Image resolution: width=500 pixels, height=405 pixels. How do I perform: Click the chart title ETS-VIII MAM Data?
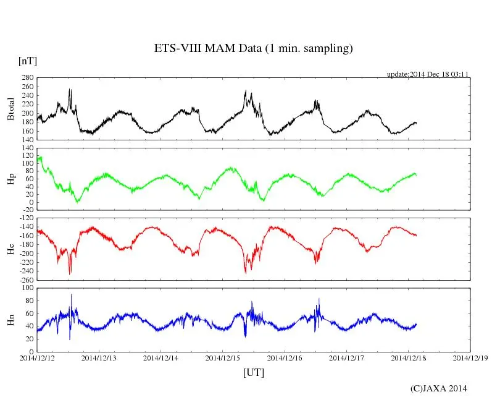[253, 49]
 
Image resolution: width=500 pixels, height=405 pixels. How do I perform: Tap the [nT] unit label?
[27, 61]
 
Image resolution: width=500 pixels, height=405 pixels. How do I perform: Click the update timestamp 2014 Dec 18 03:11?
[428, 74]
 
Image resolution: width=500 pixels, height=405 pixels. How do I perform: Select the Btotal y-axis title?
[10, 109]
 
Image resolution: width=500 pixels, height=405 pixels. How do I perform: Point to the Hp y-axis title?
[10, 179]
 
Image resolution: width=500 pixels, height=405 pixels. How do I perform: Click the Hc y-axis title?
[10, 249]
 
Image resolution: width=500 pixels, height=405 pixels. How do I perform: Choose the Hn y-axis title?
[10, 319]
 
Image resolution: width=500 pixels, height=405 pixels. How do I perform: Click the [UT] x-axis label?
[253, 372]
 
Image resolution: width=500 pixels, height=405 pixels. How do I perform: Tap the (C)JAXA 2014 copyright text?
[439, 388]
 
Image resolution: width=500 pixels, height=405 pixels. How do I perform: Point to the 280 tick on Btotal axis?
[27, 78]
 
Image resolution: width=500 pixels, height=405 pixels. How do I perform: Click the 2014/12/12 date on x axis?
[37, 358]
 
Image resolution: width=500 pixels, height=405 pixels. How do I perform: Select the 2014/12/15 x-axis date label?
[222, 358]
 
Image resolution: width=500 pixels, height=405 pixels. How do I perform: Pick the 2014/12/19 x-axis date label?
[469, 358]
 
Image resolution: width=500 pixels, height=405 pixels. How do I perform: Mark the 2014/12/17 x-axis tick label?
[346, 358]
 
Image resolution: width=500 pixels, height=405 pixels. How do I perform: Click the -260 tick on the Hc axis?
[25, 279]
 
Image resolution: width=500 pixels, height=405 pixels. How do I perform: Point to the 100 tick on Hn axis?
[27, 288]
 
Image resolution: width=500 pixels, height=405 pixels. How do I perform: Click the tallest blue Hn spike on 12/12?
[71, 295]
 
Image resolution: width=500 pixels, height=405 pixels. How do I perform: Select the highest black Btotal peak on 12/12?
[69, 89]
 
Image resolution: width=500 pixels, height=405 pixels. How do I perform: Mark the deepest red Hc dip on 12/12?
[70, 274]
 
